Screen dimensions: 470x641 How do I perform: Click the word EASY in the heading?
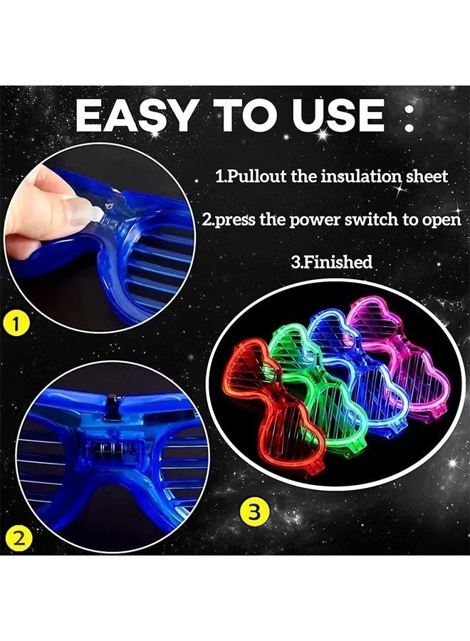point(135,116)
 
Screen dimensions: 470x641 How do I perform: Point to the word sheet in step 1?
point(427,177)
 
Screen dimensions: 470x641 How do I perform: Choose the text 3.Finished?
point(331,261)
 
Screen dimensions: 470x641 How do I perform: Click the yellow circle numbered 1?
point(16,325)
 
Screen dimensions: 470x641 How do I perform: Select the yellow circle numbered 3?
point(254,511)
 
